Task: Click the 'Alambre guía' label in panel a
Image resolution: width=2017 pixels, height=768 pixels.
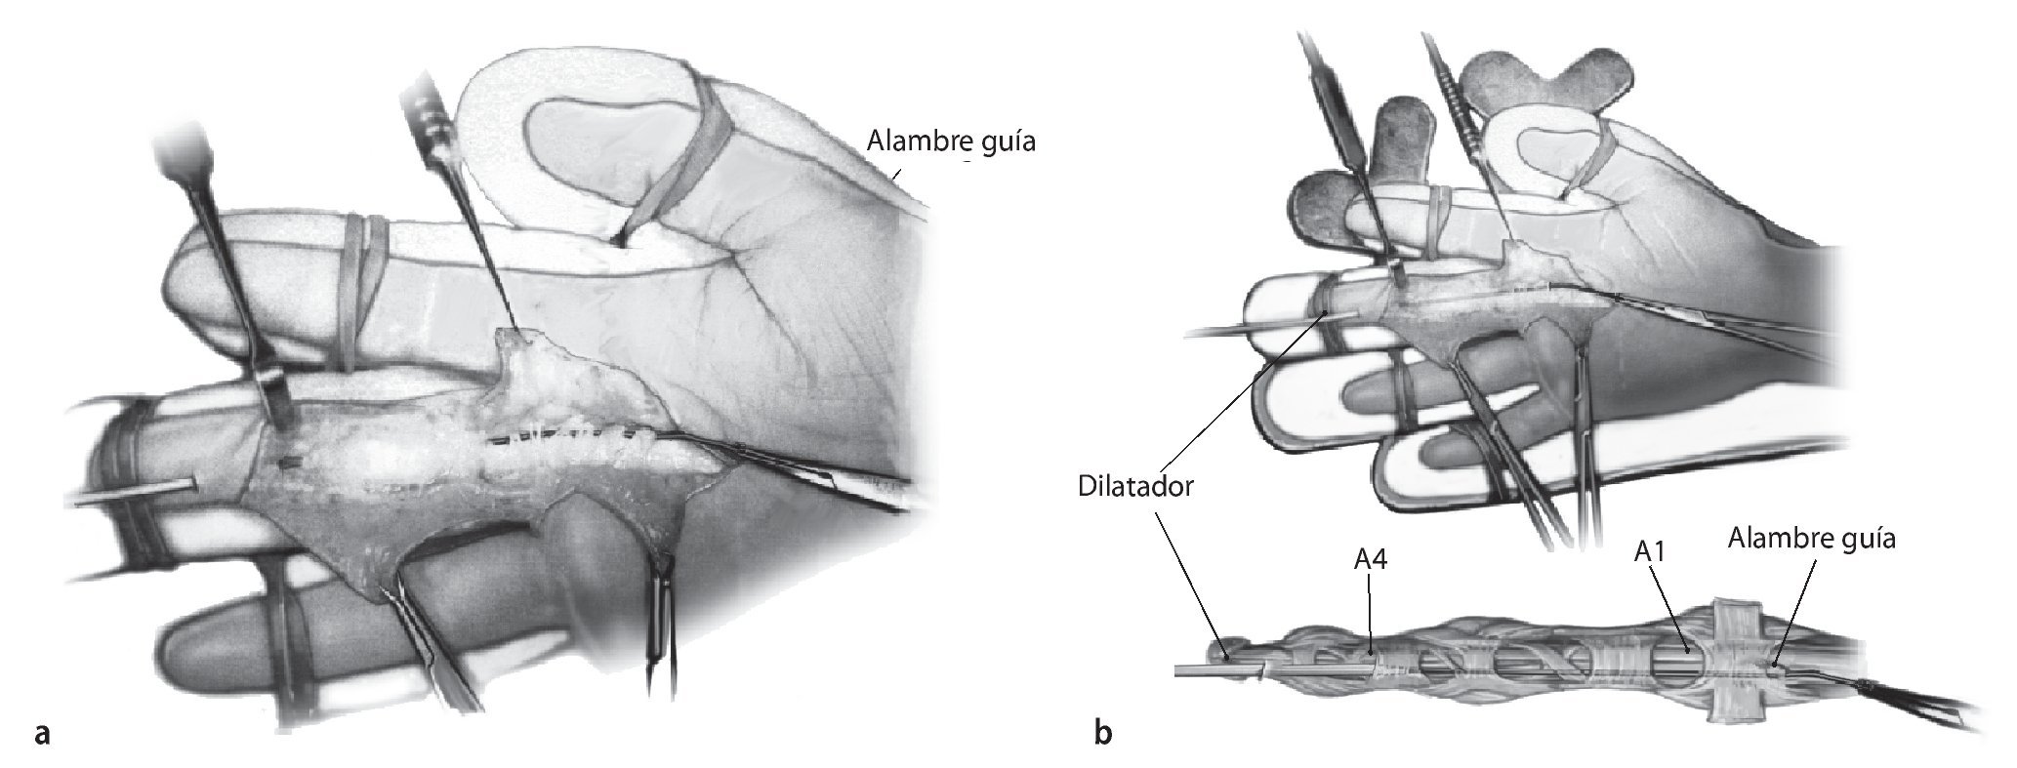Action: tap(950, 142)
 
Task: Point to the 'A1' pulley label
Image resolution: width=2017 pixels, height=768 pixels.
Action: tap(1649, 551)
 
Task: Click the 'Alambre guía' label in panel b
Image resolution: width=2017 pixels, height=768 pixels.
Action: tap(1811, 539)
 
